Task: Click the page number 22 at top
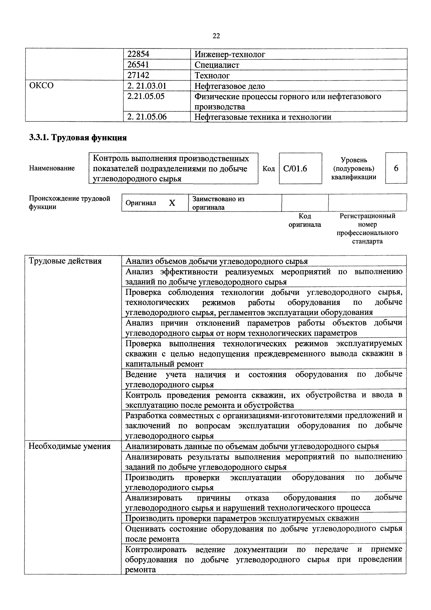coord(216,36)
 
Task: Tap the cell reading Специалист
coord(217,65)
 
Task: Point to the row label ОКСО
coord(41,86)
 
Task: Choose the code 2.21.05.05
coord(146,96)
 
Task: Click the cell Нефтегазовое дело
coord(229,86)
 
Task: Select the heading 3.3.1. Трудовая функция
coord(78,138)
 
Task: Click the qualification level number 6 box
coord(396,168)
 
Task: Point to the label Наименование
coord(52,168)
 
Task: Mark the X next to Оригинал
coord(172,203)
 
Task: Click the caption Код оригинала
coord(305,220)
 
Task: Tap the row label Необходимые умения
coord(69,446)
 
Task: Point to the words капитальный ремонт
coord(164,364)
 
